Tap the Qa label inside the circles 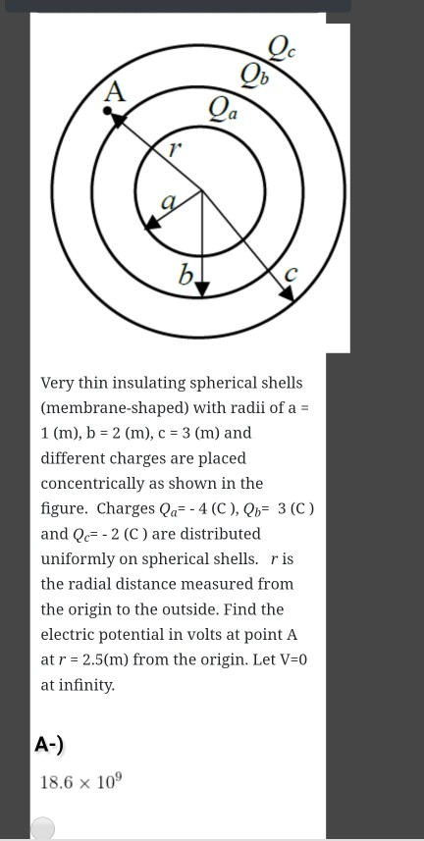pos(222,106)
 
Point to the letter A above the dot pos(116,93)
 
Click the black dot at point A pos(107,112)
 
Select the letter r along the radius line pos(174,151)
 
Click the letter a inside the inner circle pos(168,202)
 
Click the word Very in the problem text pos(61,383)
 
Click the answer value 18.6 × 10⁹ pos(80,782)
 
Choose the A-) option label pos(49,745)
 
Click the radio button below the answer pos(42,829)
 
